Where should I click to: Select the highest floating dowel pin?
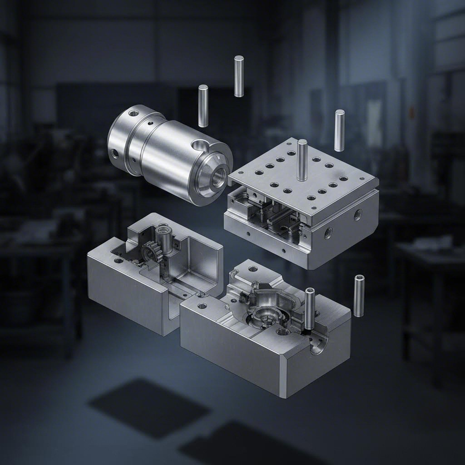click(239, 76)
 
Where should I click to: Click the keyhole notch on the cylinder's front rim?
click(198, 145)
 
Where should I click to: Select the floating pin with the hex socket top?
click(359, 296)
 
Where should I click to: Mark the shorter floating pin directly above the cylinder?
click(203, 106)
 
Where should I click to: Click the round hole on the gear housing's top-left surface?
click(119, 262)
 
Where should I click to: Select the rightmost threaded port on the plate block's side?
click(358, 214)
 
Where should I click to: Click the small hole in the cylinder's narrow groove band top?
click(150, 123)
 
